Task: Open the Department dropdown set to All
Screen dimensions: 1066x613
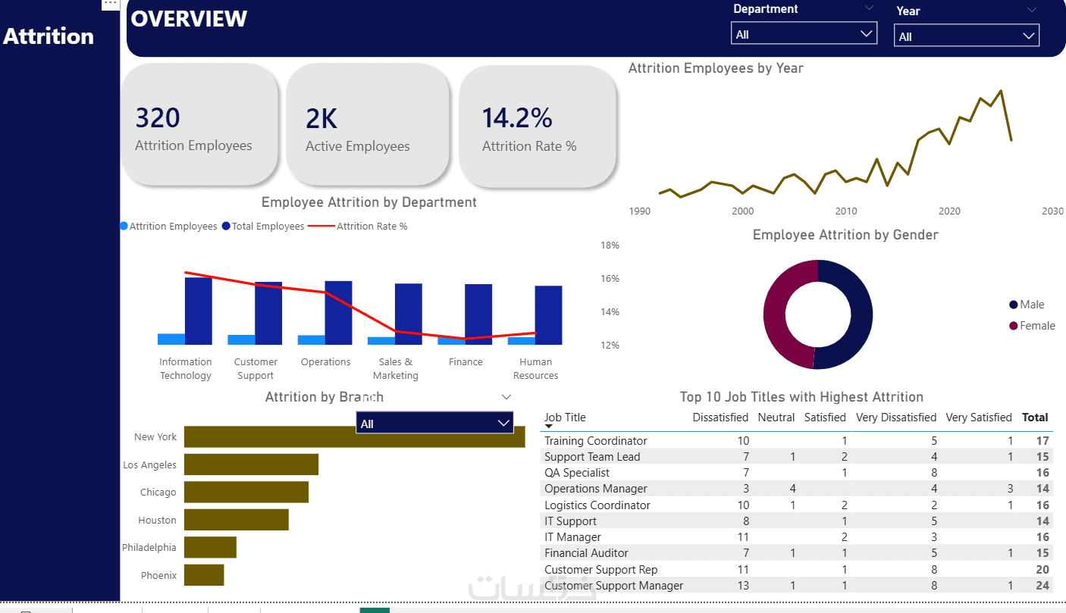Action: pyautogui.click(x=804, y=34)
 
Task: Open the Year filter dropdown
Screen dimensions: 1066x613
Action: pyautogui.click(x=967, y=36)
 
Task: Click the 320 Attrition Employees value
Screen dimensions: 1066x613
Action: pyautogui.click(x=158, y=118)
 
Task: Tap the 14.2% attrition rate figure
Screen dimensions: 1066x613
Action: pyautogui.click(x=517, y=118)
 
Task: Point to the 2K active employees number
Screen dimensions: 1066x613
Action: pyautogui.click(x=321, y=118)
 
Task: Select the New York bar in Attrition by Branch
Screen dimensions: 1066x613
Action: pyautogui.click(x=355, y=436)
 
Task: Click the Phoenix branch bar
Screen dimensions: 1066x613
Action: pyautogui.click(x=204, y=575)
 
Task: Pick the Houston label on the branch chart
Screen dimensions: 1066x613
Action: pyautogui.click(x=157, y=520)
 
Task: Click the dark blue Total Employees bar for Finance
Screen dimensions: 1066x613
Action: pyautogui.click(x=478, y=314)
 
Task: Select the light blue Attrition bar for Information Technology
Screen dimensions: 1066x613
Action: pyautogui.click(x=171, y=339)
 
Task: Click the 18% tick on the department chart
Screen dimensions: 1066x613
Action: pyautogui.click(x=610, y=246)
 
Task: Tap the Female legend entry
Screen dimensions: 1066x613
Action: pyautogui.click(x=1032, y=326)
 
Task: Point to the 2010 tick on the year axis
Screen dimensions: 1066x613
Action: pyautogui.click(x=846, y=211)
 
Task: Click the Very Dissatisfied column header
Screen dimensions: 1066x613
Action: pyautogui.click(x=896, y=418)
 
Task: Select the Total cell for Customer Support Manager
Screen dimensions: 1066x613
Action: pyautogui.click(x=1042, y=586)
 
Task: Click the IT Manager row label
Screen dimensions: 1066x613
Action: pyautogui.click(x=572, y=537)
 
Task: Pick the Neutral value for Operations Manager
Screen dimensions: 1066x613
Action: pyautogui.click(x=792, y=489)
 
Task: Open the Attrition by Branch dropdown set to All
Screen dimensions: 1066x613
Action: pyautogui.click(x=434, y=424)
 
